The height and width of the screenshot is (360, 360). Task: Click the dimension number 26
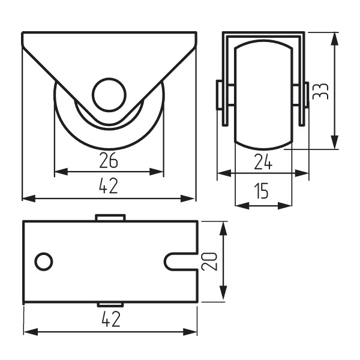(109, 160)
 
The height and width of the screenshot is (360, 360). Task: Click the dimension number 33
(320, 91)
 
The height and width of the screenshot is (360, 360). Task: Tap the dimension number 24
(263, 162)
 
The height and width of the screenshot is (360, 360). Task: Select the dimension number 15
(261, 191)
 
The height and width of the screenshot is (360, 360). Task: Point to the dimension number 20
(209, 262)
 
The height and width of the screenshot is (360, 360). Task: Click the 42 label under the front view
(109, 185)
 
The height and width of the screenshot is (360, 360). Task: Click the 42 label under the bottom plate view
(111, 319)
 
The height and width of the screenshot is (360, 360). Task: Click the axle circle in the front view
(109, 95)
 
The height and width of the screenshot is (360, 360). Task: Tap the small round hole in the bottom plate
(44, 262)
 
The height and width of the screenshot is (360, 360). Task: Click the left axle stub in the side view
(220, 95)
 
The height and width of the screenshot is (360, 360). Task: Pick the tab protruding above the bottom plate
(110, 217)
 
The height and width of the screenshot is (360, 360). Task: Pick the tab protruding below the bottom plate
(110, 305)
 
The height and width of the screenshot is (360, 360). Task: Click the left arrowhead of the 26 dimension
(61, 172)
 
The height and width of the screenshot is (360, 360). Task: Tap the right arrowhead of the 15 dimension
(285, 206)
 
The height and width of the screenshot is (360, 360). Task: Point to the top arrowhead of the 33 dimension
(335, 39)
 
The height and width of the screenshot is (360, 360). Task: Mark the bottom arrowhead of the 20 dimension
(223, 293)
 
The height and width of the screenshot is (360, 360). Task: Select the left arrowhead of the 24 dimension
(224, 173)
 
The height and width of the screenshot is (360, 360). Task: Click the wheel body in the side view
(263, 95)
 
